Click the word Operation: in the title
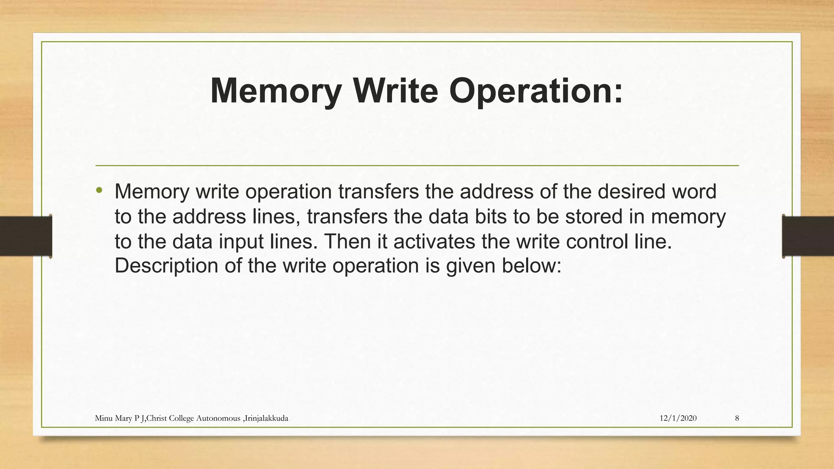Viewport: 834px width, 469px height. click(536, 91)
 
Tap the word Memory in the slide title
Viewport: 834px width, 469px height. click(275, 91)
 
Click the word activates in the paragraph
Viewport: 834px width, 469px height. click(434, 241)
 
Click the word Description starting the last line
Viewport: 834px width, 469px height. click(167, 266)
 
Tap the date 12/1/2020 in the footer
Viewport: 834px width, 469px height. click(678, 418)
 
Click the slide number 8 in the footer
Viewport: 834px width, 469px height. click(737, 418)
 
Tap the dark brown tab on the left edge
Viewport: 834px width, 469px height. click(26, 236)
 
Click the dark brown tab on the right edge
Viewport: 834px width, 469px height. click(808, 236)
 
